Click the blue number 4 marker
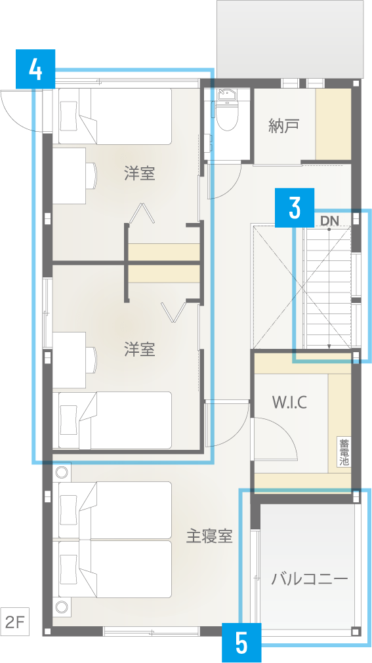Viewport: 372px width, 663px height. click(x=35, y=69)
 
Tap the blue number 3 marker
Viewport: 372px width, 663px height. click(x=295, y=208)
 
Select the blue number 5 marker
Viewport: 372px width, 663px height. click(x=241, y=643)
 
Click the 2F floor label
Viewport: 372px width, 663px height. click(x=14, y=622)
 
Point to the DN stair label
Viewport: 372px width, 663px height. click(x=329, y=220)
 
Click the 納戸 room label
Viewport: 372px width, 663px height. click(x=284, y=125)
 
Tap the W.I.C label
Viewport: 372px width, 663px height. click(x=290, y=402)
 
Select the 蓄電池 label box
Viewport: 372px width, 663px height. click(x=344, y=452)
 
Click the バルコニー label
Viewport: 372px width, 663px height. click(x=310, y=578)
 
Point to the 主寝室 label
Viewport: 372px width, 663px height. click(x=209, y=536)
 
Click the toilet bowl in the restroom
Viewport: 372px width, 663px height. click(x=227, y=113)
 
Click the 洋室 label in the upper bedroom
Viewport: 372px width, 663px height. click(x=139, y=174)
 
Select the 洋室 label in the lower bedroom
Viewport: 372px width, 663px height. click(x=139, y=350)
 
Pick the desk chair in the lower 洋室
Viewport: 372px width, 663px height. click(x=92, y=361)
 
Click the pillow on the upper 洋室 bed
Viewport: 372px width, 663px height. click(x=68, y=116)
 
